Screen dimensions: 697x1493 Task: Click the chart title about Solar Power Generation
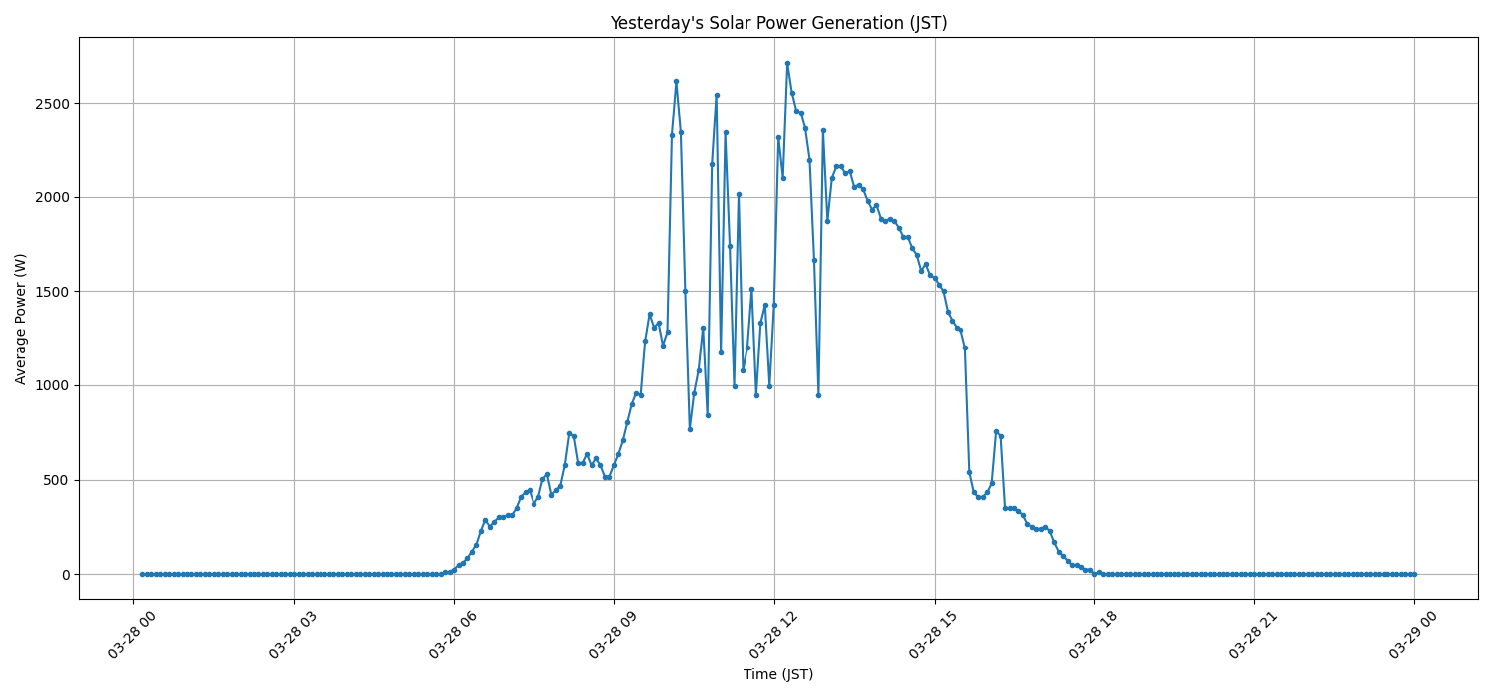click(778, 23)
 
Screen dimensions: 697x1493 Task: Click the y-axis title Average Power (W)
click(21, 319)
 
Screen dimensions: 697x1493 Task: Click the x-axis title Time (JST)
click(778, 674)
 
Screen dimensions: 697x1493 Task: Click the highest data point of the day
click(787, 63)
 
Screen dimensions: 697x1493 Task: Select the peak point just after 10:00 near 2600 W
click(676, 81)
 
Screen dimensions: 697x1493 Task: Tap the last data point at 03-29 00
click(1414, 574)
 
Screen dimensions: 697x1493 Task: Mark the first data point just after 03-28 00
click(142, 574)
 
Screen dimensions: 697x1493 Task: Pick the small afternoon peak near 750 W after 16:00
click(996, 431)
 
